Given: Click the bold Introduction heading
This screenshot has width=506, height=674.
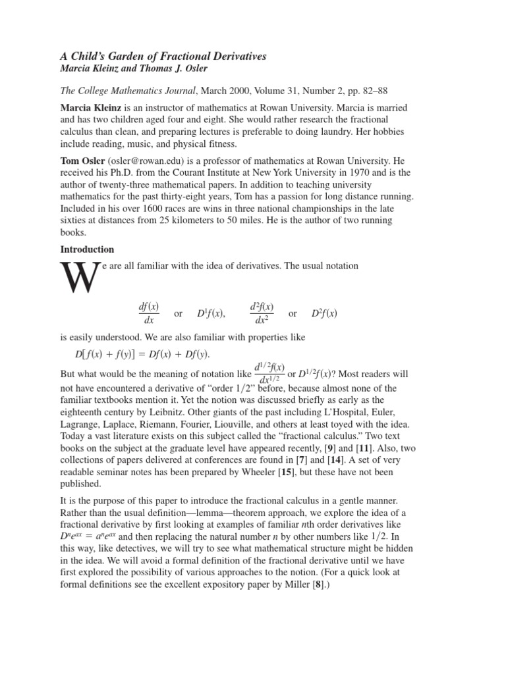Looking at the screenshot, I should pyautogui.click(x=88, y=249).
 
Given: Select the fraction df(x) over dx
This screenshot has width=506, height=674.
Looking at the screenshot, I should pyautogui.click(x=148, y=314).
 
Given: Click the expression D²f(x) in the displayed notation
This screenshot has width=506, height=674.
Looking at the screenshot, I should pyautogui.click(x=324, y=314).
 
